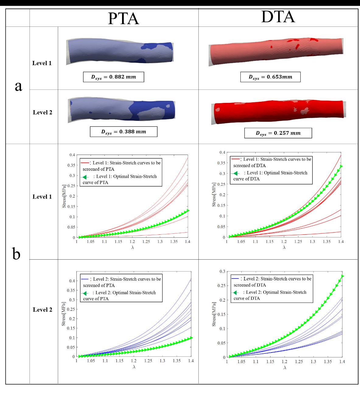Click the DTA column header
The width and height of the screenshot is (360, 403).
click(278, 17)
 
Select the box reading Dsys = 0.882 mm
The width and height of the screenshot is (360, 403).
click(114, 77)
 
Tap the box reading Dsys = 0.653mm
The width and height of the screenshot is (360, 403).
click(270, 77)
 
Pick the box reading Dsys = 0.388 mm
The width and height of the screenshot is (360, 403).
click(124, 132)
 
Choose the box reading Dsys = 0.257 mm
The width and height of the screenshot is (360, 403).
click(278, 133)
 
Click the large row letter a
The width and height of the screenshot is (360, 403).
click(19, 86)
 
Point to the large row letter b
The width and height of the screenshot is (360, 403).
click(16, 253)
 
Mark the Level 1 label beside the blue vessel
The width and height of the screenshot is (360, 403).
click(42, 63)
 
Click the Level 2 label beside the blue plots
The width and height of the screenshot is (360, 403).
click(42, 310)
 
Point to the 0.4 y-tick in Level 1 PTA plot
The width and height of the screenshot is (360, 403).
click(72, 155)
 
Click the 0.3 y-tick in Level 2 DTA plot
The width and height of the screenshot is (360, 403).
click(222, 271)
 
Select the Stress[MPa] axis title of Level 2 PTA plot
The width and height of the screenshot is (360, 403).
click(64, 314)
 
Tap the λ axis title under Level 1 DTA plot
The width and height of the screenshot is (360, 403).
click(284, 247)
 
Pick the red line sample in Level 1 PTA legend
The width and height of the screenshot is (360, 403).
click(85, 163)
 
